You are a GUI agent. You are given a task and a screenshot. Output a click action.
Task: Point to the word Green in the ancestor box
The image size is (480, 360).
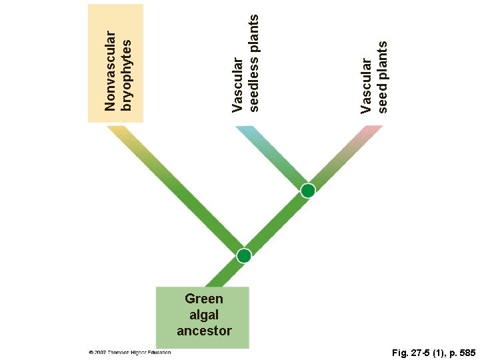[x=204, y=299]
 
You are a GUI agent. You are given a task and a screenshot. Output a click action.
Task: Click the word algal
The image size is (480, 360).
[x=204, y=315]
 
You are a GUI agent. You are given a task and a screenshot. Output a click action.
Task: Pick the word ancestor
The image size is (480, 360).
[x=204, y=331]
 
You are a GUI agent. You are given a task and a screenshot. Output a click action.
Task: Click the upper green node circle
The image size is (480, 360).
[x=307, y=191]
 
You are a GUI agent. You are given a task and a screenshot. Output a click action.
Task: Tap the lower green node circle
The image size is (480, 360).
[x=244, y=256]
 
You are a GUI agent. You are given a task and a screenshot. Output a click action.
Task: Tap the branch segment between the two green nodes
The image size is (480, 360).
[x=276, y=223]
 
